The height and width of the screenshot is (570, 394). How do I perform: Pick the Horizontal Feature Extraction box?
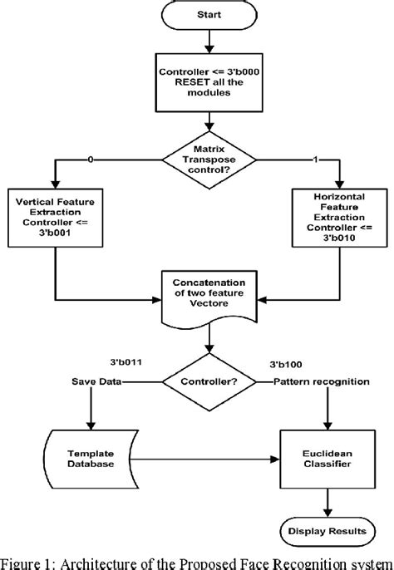[x=341, y=219]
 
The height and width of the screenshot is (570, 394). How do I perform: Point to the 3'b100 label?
[x=286, y=363]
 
